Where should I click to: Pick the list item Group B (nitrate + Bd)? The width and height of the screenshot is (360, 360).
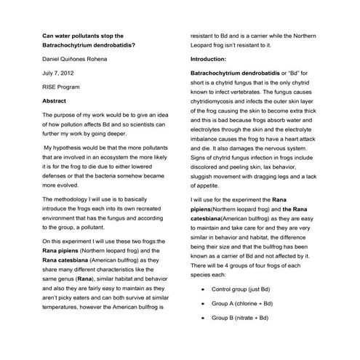click(x=241, y=318)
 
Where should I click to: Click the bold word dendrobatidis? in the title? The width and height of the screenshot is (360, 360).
click(x=111, y=45)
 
